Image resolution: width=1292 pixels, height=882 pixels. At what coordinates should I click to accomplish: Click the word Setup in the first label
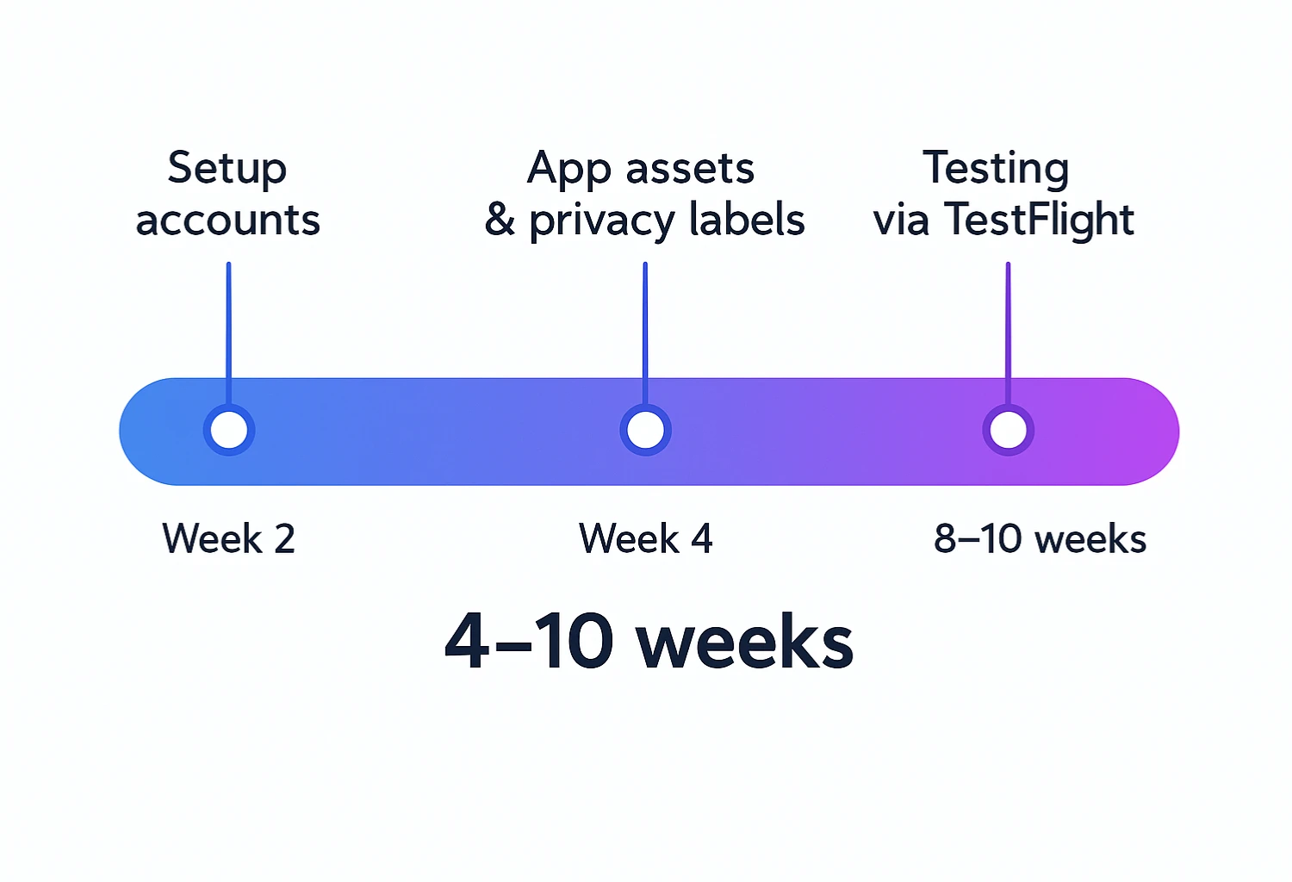[x=227, y=169]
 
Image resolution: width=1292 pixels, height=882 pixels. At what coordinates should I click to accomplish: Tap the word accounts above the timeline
[x=228, y=220]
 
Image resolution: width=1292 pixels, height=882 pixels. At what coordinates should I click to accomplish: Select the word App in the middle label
[x=569, y=169]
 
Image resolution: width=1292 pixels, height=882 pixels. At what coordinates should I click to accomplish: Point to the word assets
[x=690, y=169]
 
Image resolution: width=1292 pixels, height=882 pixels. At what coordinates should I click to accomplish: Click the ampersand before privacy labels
[x=500, y=220]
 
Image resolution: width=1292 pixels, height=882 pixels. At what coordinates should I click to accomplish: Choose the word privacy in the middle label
[x=602, y=221]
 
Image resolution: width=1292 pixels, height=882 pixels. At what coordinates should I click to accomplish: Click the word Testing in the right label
[x=996, y=169]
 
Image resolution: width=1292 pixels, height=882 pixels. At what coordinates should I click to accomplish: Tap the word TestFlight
[x=1040, y=220]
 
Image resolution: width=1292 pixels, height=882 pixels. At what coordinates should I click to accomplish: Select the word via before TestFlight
[x=901, y=220]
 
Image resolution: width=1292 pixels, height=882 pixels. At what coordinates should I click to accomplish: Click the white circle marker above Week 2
[x=229, y=430]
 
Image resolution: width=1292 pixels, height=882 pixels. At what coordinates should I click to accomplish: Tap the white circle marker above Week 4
[x=645, y=430]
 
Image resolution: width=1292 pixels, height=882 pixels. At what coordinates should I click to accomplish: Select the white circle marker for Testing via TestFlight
[x=1008, y=430]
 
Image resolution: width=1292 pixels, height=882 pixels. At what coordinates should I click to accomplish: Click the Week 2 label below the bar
[x=229, y=539]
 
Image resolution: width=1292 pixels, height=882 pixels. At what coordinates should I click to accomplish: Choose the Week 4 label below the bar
[x=646, y=539]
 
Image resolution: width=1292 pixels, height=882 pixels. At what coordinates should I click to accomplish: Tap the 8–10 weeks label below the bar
[x=1040, y=539]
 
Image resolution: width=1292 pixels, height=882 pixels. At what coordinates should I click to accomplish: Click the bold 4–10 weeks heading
[x=649, y=642]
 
